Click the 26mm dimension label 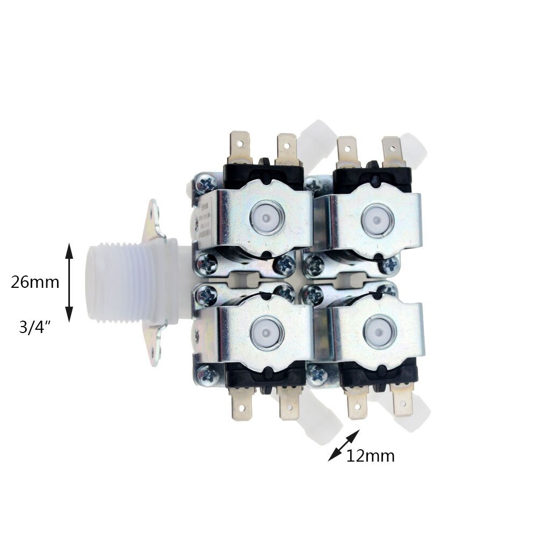(35, 282)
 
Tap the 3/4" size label (34, 328)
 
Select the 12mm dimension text (370, 456)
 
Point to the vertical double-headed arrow (69, 282)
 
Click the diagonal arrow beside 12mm (344, 445)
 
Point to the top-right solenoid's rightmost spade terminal (392, 151)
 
